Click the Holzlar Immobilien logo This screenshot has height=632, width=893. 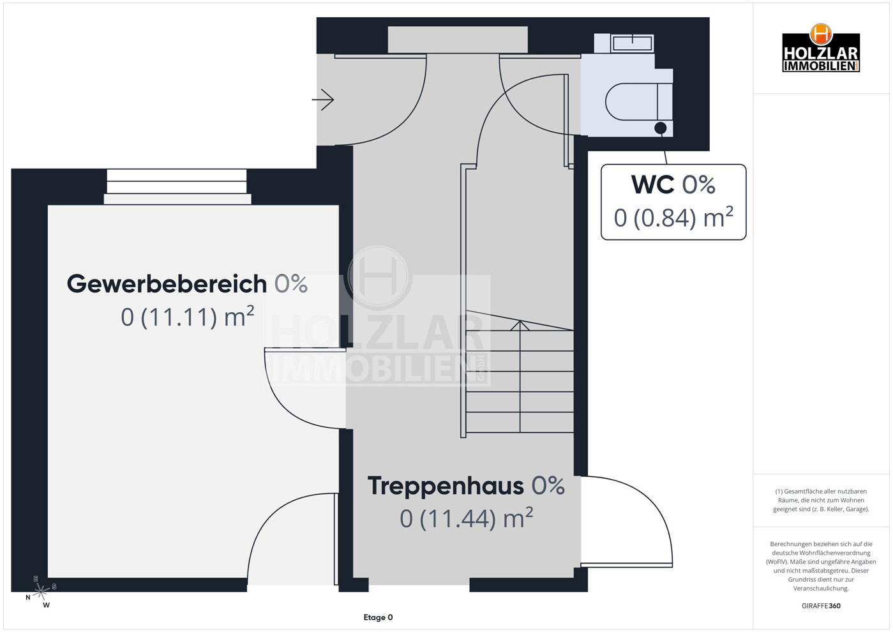(820, 49)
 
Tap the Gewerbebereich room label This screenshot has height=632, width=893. (167, 284)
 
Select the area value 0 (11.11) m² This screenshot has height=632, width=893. (187, 317)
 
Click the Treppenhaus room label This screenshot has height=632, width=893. (446, 486)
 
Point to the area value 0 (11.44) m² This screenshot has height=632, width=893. (466, 518)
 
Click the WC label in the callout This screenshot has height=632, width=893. (652, 185)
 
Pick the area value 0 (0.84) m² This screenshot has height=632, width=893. (673, 218)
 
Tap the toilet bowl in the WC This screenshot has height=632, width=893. (632, 102)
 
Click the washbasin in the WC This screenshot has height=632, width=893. (632, 43)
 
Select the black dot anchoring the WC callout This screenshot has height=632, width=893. (661, 128)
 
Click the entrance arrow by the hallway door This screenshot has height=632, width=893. (324, 100)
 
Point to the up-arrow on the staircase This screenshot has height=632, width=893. (520, 326)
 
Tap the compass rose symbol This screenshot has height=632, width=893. (41, 591)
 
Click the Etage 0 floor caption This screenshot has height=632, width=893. (378, 617)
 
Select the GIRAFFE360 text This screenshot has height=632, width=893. (821, 606)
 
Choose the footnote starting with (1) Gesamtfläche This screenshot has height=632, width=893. (821, 500)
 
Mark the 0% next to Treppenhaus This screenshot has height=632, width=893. (548, 486)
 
